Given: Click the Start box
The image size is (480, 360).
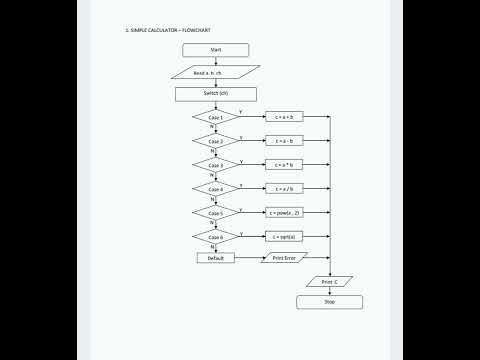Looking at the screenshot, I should coord(216,49).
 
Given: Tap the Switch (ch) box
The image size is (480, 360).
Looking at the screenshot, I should coord(216,94).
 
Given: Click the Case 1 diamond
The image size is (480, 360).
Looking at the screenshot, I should coord(216,118).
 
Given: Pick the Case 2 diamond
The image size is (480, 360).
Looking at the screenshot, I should coord(216,142).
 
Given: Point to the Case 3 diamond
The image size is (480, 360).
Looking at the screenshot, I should coord(216,165).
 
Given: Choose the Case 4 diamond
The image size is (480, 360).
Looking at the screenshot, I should coord(216,189).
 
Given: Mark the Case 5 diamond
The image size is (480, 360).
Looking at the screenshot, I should coord(216,213).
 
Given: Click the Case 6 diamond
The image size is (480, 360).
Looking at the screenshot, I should coord(216,237).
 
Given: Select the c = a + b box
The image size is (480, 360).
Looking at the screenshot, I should coord(285,118).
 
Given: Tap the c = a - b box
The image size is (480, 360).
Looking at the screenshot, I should coord(285,142).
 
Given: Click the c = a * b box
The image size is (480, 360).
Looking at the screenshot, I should coord(285,165).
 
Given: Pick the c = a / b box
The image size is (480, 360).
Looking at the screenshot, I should coord(285,189).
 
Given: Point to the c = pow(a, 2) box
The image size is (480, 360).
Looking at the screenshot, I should coord(285,213).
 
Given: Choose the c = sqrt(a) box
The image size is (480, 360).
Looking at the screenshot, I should coord(285,237).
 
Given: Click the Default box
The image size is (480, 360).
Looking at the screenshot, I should coord(215,258).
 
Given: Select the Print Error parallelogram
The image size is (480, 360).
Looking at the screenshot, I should coord(285,258).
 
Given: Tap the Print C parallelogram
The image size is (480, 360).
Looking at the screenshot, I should coord(330,282).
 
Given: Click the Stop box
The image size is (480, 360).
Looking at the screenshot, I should coord(330,301).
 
